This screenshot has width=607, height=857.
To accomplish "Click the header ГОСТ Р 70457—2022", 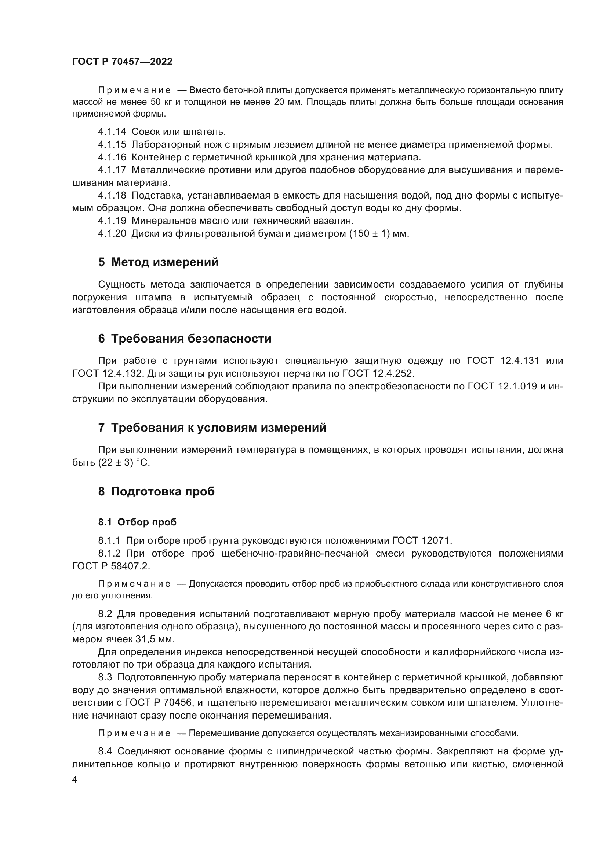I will pyautogui.click(x=122, y=62).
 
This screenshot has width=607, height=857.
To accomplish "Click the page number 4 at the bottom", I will pyautogui.click(x=75, y=780).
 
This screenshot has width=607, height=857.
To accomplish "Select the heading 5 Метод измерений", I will pyautogui.click(x=158, y=262).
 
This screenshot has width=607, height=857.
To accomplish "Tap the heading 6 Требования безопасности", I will pyautogui.click(x=185, y=339).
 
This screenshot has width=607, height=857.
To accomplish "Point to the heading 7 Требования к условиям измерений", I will pyautogui.click(x=212, y=428).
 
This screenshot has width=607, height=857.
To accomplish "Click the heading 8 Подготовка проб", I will pyautogui.click(x=156, y=492).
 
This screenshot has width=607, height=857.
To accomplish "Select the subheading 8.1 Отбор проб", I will pyautogui.click(x=137, y=522).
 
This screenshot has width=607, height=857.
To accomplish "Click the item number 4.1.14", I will pyautogui.click(x=112, y=132).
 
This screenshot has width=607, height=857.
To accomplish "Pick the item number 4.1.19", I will pyautogui.click(x=112, y=221).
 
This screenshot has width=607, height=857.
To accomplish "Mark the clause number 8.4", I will pyautogui.click(x=105, y=751).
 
